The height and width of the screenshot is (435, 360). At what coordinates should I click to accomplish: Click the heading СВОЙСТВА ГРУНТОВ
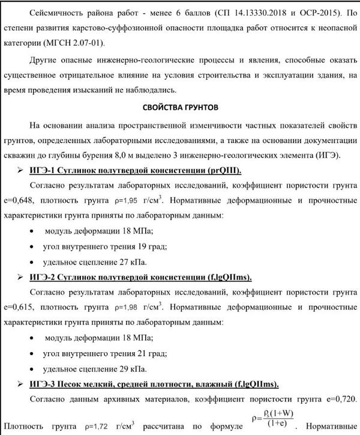(x=180, y=108)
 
